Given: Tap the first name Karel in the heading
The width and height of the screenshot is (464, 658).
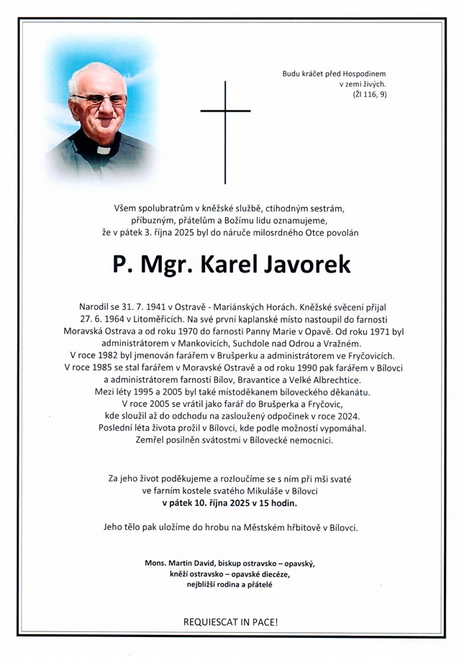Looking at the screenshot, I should coord(231,264).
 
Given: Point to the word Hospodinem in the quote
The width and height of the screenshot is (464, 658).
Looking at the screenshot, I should coord(363,73).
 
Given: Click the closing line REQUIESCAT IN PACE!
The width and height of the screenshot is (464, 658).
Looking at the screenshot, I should coord(231,621).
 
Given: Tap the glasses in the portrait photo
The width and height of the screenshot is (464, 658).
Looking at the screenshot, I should coord(99,100).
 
